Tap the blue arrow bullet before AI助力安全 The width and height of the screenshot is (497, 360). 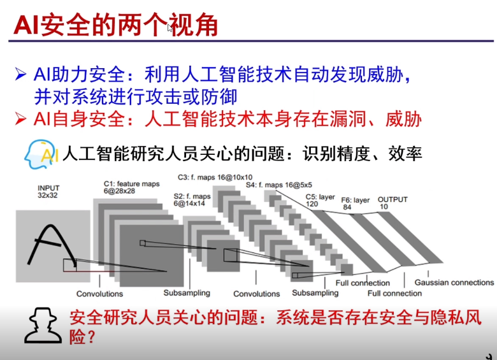(x=21, y=75)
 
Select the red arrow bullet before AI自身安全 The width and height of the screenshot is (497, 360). (x=21, y=119)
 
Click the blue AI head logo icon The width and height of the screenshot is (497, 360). (x=41, y=154)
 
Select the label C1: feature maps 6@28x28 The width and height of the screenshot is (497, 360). (x=131, y=187)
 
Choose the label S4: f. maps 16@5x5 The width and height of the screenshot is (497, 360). (x=275, y=185)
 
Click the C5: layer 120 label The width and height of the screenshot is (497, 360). (x=321, y=200)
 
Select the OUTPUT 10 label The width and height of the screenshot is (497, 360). (x=392, y=203)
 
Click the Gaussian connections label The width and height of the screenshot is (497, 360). (x=454, y=282)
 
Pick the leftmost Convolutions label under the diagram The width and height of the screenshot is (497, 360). (x=100, y=294)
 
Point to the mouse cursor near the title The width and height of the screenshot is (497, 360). (x=169, y=28)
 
